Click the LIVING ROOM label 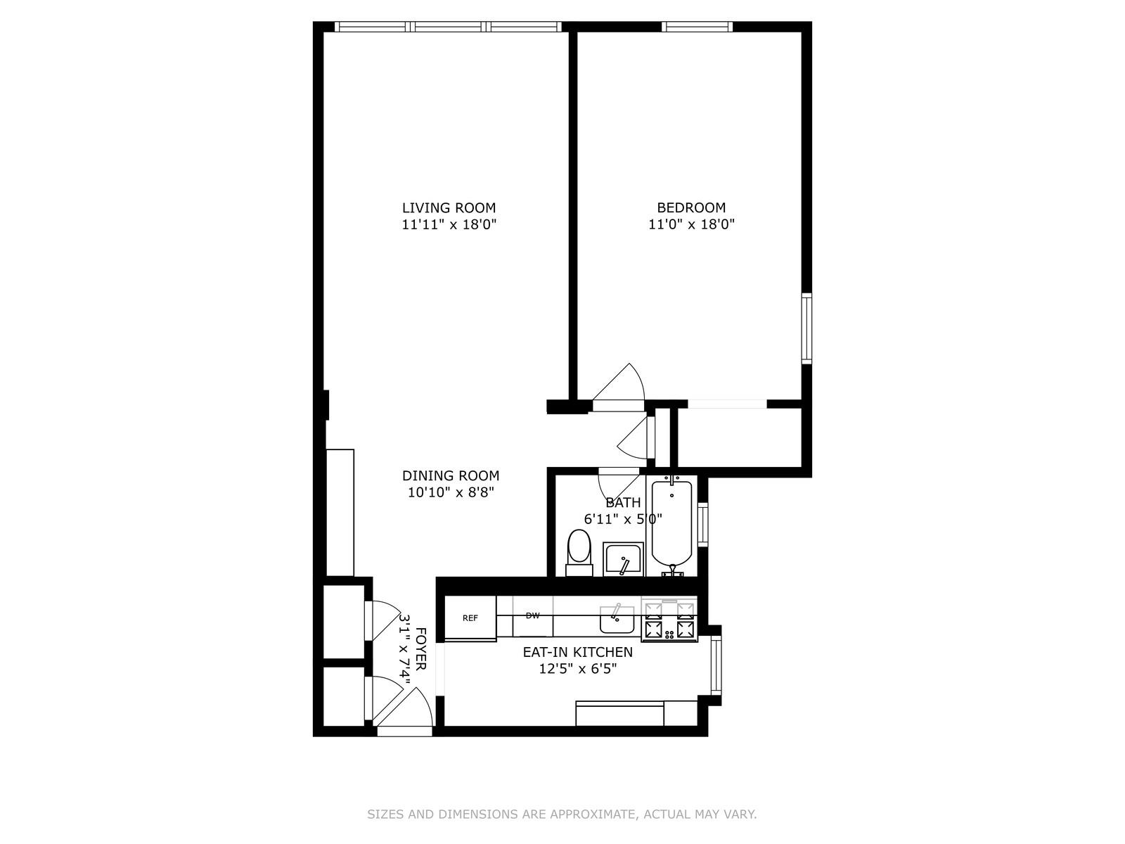click(x=449, y=207)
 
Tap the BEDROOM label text click(x=691, y=207)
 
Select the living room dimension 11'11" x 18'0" click(x=449, y=225)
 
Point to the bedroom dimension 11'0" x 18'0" click(x=691, y=225)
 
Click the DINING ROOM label click(x=451, y=475)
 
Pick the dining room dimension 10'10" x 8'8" click(x=451, y=492)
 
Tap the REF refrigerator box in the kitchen click(x=470, y=618)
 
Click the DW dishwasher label click(x=532, y=615)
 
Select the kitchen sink click(x=617, y=618)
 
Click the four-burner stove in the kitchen click(x=669, y=619)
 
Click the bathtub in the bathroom click(x=672, y=523)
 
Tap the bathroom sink click(x=622, y=560)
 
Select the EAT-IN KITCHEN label click(x=577, y=652)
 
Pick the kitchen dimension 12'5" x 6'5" click(x=577, y=669)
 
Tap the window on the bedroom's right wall click(x=806, y=328)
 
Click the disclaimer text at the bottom click(x=562, y=814)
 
